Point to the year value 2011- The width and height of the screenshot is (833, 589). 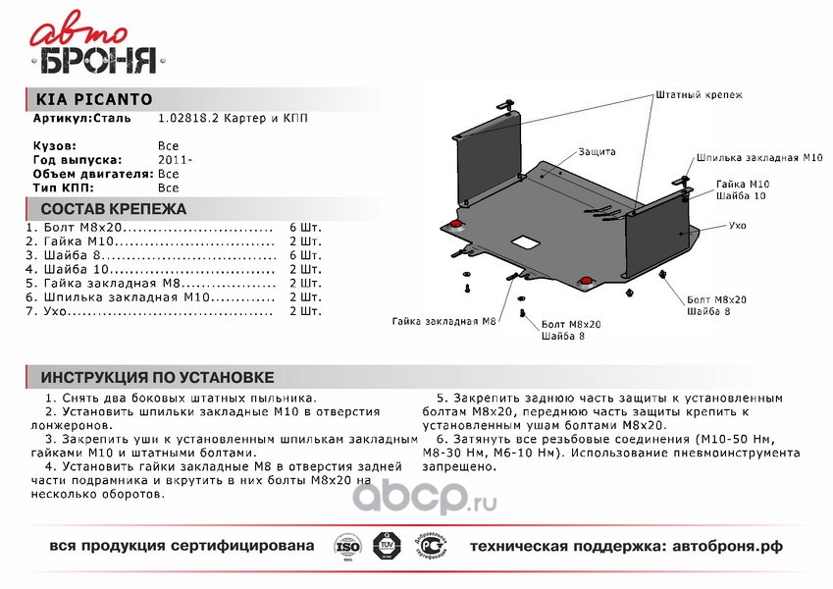click(x=176, y=159)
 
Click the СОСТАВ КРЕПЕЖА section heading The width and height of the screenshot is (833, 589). click(x=113, y=209)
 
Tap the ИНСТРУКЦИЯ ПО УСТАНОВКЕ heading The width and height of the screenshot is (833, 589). click(x=157, y=378)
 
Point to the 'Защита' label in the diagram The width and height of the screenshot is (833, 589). click(x=597, y=152)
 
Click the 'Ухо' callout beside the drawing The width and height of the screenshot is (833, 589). click(x=738, y=226)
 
